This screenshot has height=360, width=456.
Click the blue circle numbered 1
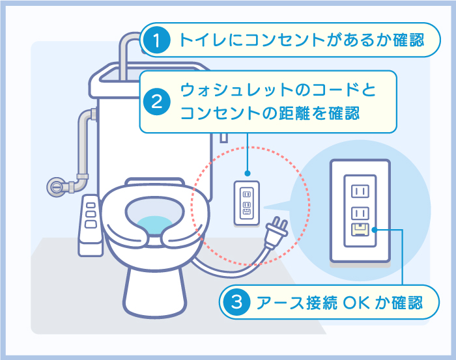pos(157,40)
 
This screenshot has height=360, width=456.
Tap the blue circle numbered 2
pos(157,102)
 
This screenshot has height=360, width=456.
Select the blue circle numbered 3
pos(236,302)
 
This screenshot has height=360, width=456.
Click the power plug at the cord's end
pos(276,233)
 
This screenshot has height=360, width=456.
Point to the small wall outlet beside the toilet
pos(247,203)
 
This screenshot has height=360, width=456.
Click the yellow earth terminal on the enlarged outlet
pos(360,230)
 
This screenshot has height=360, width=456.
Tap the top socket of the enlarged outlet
pos(360,191)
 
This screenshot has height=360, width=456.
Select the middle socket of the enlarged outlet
pos(360,214)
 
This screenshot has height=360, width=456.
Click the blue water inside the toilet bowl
pos(154,225)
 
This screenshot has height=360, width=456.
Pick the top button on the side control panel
pos(91,206)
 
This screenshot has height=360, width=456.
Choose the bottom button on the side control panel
pos(91,224)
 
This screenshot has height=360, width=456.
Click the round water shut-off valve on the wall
pos(57,187)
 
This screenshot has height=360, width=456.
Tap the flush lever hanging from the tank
pos(223,138)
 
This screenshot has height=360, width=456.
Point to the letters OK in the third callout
pos(356,303)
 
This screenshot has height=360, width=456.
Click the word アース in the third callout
pos(279,303)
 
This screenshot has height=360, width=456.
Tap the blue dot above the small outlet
pos(247,173)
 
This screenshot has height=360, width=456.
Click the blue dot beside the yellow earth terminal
pos(375,230)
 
